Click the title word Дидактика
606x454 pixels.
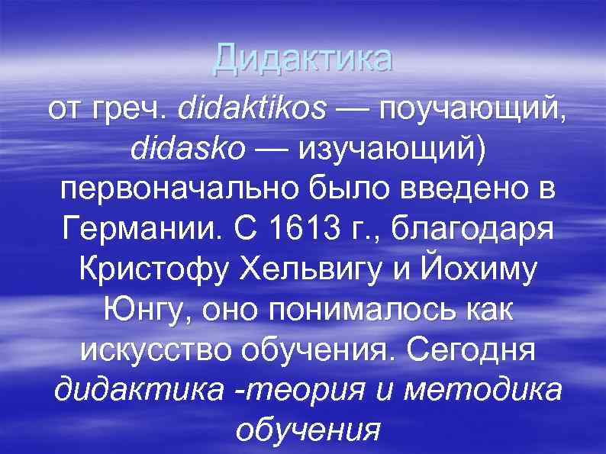[x=303, y=59]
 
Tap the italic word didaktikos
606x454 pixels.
[x=251, y=112]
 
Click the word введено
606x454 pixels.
[x=458, y=192]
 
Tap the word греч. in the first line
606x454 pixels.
[x=128, y=112]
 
